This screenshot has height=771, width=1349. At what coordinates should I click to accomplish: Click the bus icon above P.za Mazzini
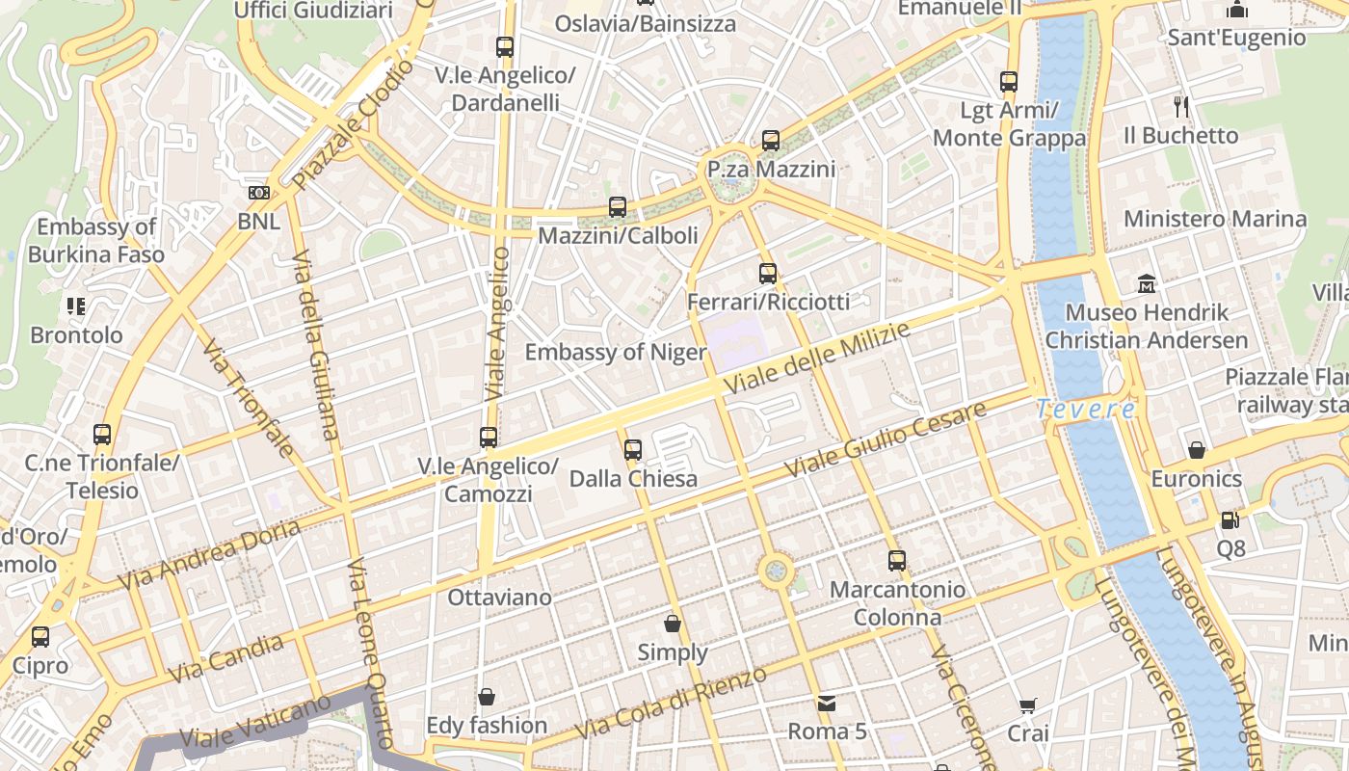click(770, 141)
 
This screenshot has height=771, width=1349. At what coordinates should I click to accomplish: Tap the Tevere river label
click(1086, 409)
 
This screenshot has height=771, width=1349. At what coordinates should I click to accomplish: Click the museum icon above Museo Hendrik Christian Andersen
click(1147, 284)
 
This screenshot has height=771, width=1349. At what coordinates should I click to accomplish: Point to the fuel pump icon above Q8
click(1230, 520)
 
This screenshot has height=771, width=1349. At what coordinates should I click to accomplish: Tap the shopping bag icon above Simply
click(673, 624)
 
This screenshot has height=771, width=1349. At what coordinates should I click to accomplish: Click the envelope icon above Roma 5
click(827, 703)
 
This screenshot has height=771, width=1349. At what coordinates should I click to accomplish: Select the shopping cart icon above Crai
click(1028, 705)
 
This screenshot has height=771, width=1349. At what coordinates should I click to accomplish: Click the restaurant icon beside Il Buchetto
click(1181, 106)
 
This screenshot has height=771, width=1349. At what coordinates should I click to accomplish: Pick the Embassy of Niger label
click(616, 352)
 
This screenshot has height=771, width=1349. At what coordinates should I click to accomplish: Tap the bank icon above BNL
click(258, 193)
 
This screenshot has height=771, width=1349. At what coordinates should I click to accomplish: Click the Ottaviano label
click(499, 598)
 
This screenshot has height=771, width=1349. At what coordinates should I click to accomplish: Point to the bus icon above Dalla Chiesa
click(633, 450)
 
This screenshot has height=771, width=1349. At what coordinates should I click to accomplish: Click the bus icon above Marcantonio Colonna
click(897, 561)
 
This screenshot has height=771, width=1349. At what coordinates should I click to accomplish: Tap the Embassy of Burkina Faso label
click(95, 241)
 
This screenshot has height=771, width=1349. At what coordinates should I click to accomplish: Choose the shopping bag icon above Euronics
click(1196, 450)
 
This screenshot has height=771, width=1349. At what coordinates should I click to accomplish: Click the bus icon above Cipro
click(40, 637)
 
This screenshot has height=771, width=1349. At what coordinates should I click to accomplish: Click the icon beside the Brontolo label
click(76, 306)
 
